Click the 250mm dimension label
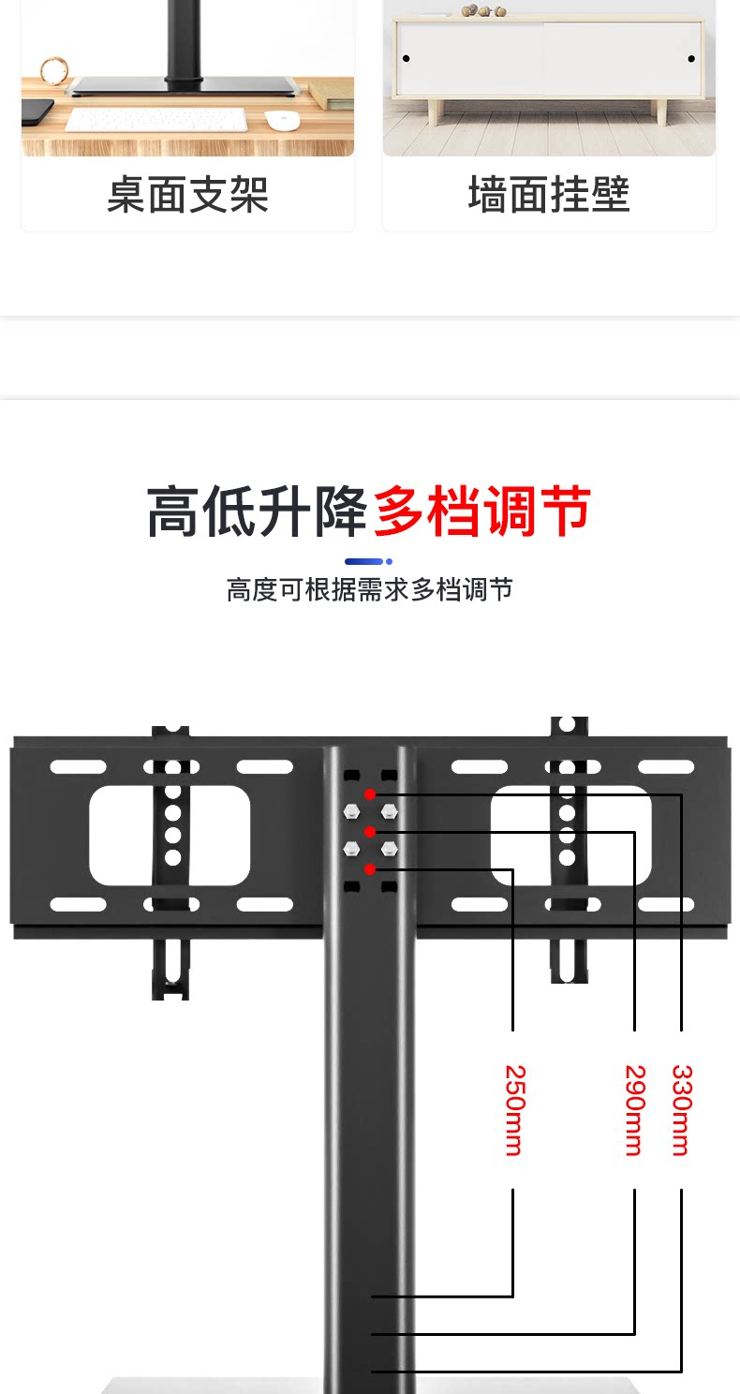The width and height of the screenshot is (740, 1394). tap(513, 1110)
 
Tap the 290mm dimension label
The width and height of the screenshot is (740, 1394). tap(635, 1110)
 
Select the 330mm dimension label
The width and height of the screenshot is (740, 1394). tap(681, 1110)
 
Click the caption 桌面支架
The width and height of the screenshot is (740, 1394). tap(187, 195)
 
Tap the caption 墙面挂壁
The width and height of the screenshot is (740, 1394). tap(549, 195)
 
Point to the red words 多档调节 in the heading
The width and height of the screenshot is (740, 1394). tap(481, 512)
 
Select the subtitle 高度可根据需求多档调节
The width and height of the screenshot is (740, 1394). tap(369, 590)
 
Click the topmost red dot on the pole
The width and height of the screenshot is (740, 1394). tap(370, 794)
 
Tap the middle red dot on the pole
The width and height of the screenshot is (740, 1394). tap(370, 832)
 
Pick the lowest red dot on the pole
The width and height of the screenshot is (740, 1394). tap(370, 869)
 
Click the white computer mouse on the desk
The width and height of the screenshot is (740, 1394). tap(281, 120)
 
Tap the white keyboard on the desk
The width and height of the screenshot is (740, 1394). tap(155, 120)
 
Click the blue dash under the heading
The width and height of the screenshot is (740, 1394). tap(368, 562)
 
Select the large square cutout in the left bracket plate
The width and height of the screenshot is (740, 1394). tap(170, 836)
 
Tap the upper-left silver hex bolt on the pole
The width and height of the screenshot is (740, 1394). tap(351, 811)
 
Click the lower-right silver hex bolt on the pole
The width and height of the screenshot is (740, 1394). tap(390, 849)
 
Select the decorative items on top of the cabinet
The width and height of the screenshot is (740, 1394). tap(483, 10)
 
